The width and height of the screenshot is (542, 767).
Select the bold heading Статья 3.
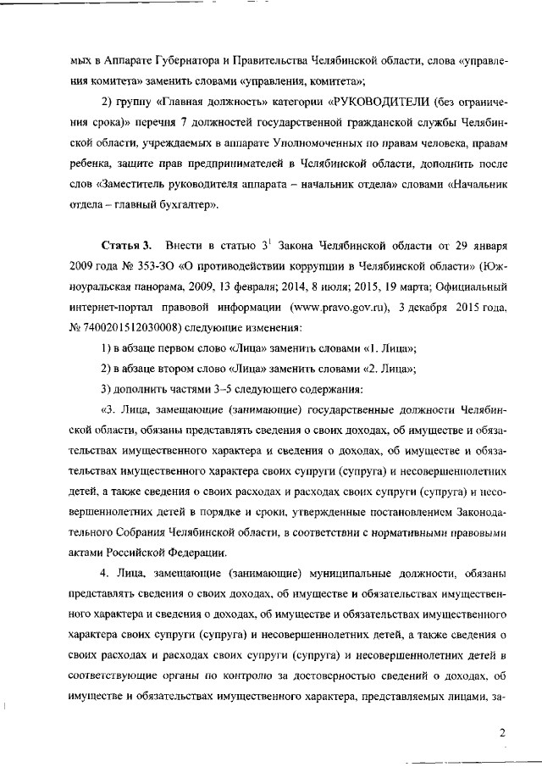pyautogui.click(x=126, y=247)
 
